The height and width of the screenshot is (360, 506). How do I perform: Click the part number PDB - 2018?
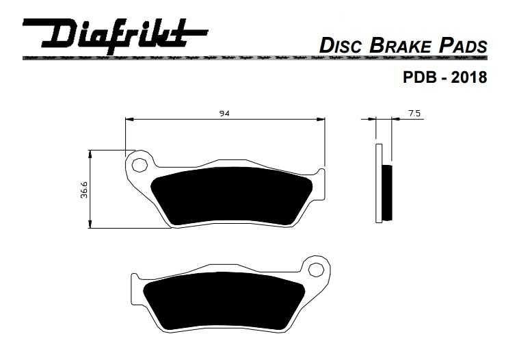pos(444,77)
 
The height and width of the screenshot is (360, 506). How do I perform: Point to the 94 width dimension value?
pos(224,114)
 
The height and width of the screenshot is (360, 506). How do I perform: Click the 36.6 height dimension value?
pos(83,190)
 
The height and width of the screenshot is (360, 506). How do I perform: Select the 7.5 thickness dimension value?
pos(414,114)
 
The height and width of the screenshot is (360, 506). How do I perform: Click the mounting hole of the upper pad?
pos(140,164)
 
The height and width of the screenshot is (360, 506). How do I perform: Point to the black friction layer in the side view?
pos(388,192)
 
